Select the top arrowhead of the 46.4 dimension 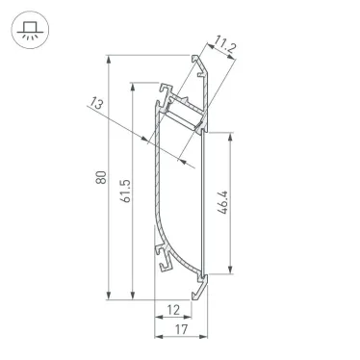pos(232,134)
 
